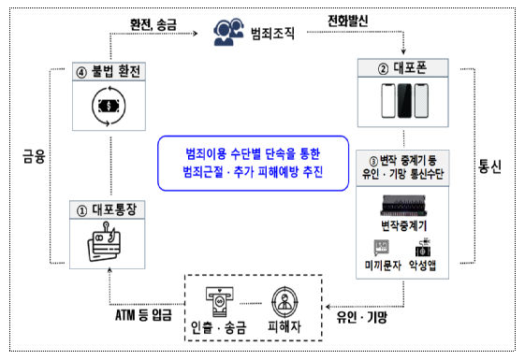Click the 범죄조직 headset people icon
click(x=228, y=32)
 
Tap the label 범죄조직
click(x=272, y=33)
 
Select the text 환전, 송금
click(x=153, y=24)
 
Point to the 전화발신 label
click(x=347, y=21)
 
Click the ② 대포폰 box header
click(x=402, y=68)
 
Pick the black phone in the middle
click(x=404, y=101)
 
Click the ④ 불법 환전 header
click(x=109, y=72)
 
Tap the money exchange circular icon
click(x=109, y=106)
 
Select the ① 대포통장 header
click(x=107, y=210)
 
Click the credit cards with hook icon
click(x=104, y=242)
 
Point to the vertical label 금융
click(x=34, y=156)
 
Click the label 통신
click(x=489, y=166)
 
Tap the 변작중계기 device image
click(x=403, y=206)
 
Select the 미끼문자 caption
click(x=383, y=266)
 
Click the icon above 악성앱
click(x=423, y=248)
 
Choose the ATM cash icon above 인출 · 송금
click(x=220, y=301)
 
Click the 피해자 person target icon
click(x=284, y=302)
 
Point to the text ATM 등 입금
click(x=143, y=315)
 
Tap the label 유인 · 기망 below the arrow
click(x=362, y=317)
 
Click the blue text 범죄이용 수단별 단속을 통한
click(x=253, y=154)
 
